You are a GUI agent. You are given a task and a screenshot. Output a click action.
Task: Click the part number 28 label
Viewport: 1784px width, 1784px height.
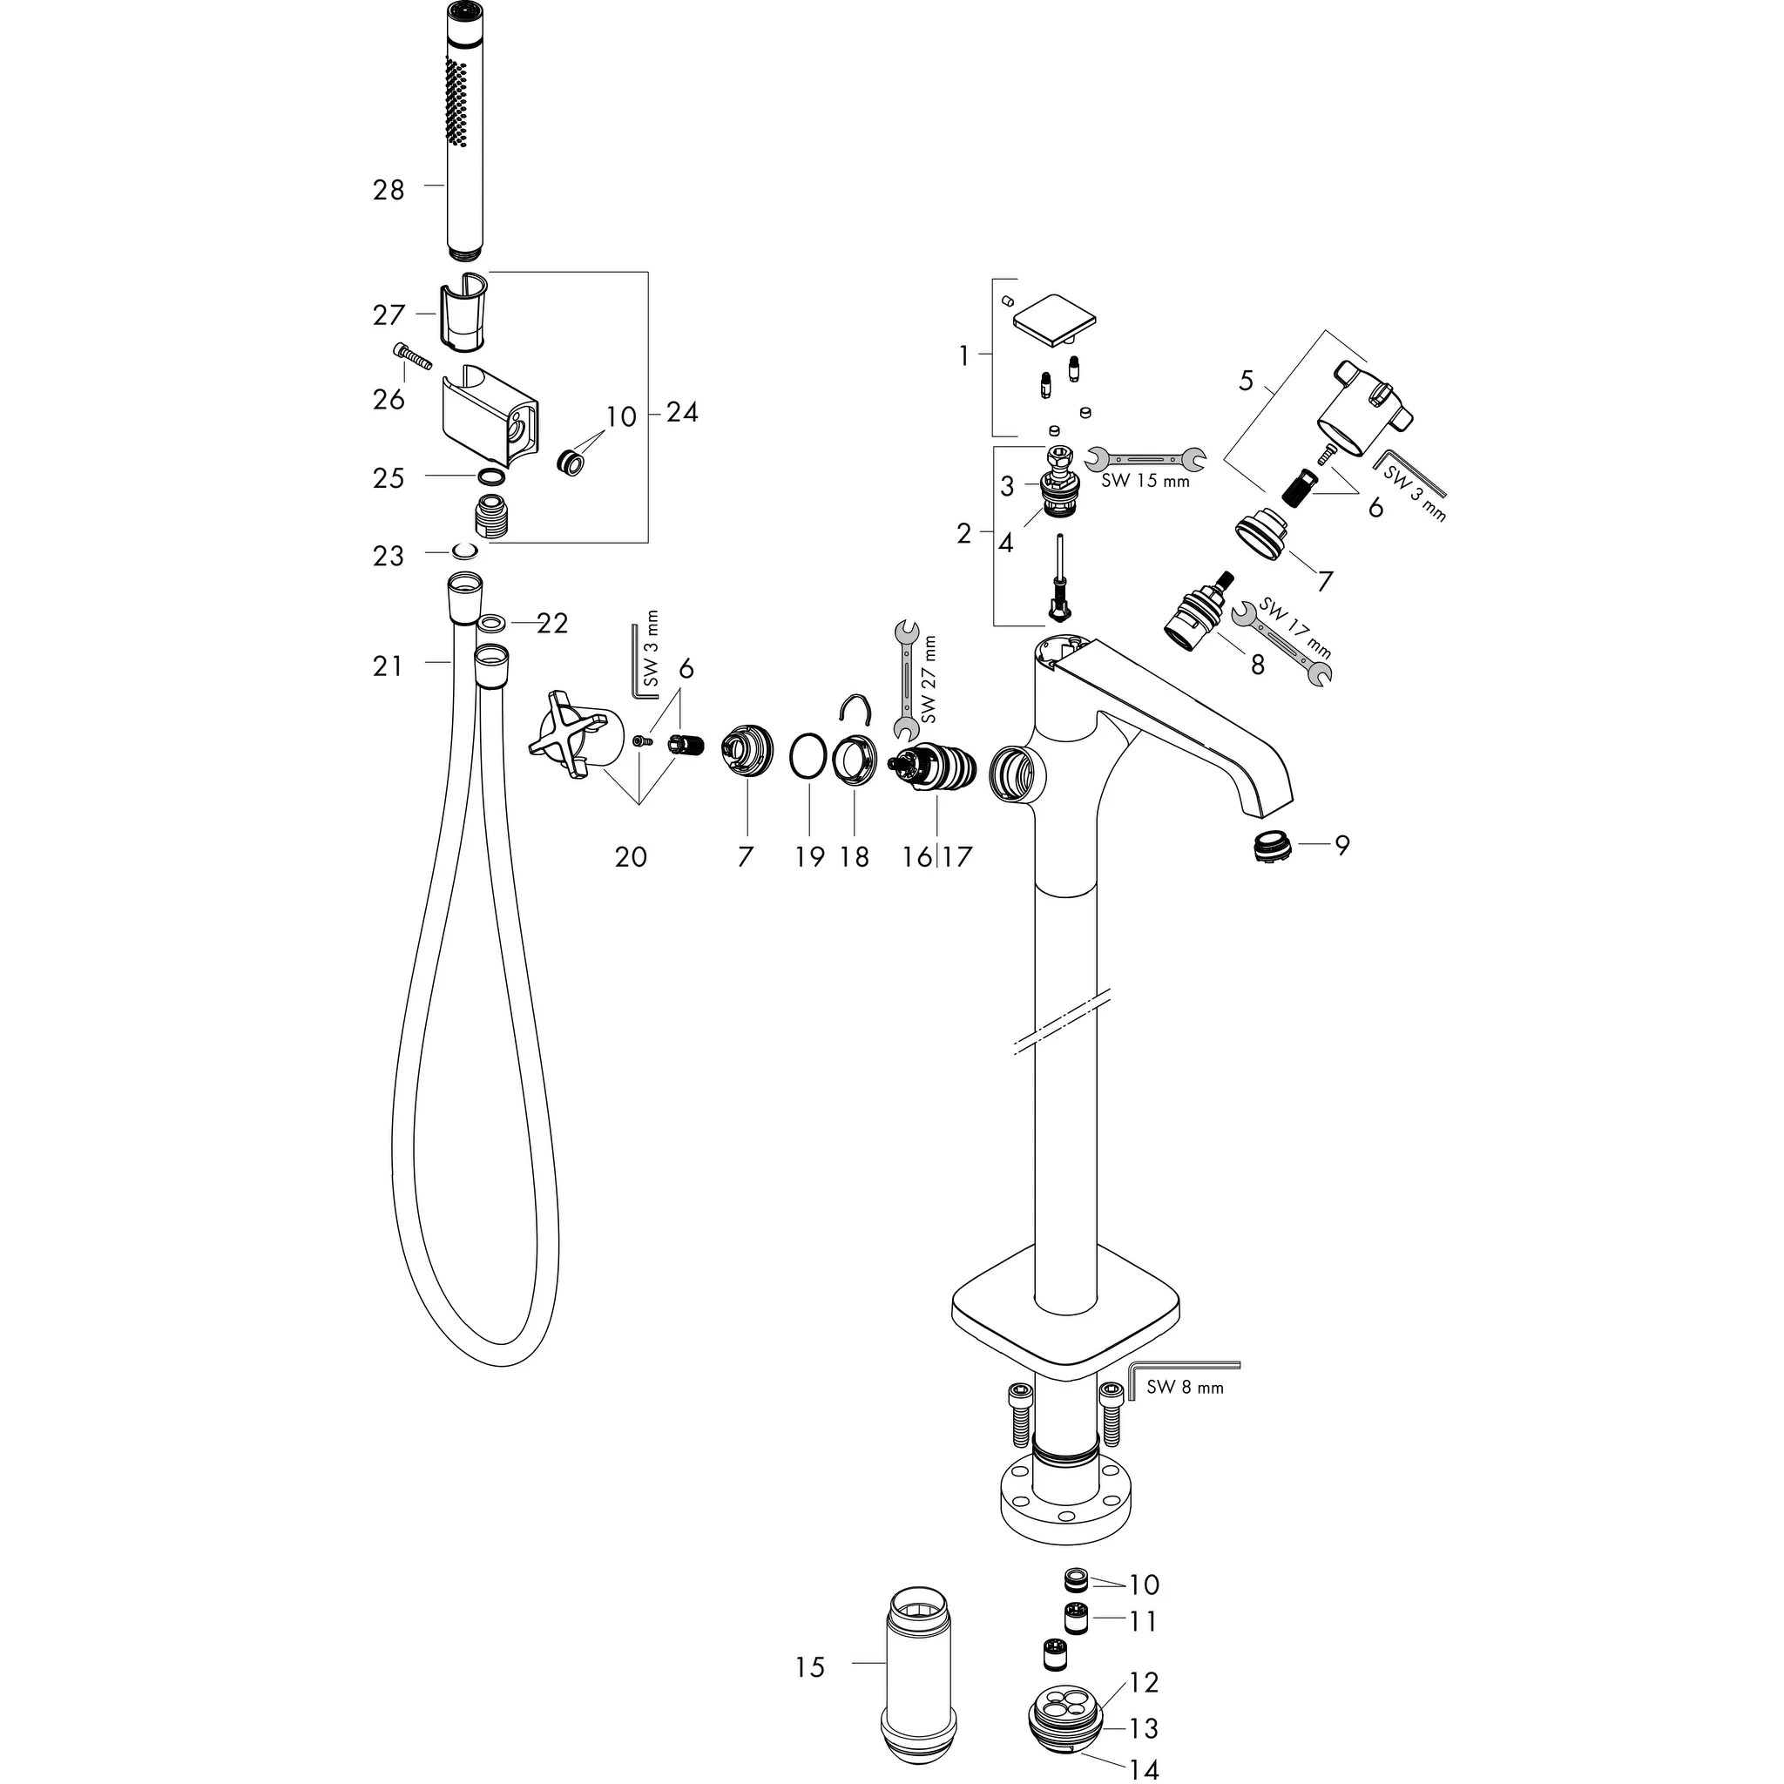(x=389, y=190)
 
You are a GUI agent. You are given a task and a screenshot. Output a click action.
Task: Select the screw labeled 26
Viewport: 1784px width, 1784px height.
(x=413, y=355)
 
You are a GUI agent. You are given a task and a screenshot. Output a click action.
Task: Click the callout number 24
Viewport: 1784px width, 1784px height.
(x=681, y=412)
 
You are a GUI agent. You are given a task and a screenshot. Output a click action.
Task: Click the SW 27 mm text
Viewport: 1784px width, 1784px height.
(x=928, y=679)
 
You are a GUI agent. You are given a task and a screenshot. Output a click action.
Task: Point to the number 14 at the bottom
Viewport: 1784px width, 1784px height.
(x=1143, y=1769)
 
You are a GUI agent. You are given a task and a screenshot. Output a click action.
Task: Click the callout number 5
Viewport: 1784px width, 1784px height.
(x=1246, y=381)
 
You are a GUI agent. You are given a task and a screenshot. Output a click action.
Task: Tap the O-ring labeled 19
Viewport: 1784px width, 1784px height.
(x=809, y=757)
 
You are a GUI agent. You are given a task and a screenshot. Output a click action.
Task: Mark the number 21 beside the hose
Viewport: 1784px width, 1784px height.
(x=388, y=666)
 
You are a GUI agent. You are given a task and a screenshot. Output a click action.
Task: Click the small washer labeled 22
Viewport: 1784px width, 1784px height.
(x=492, y=625)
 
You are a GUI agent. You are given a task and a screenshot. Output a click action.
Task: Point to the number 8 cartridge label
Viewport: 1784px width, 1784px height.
(x=1257, y=664)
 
